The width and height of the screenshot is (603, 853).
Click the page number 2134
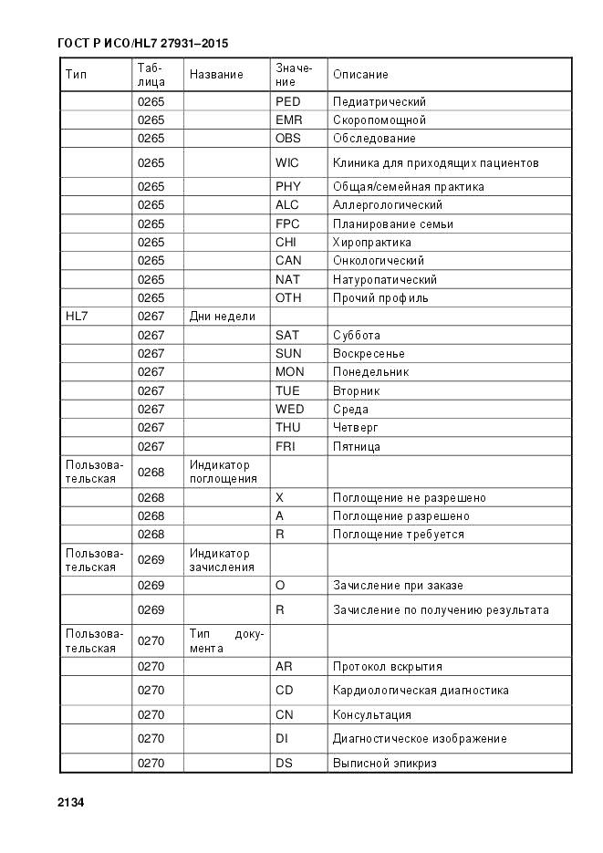pos(70,803)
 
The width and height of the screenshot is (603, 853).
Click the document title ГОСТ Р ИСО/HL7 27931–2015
pos(142,43)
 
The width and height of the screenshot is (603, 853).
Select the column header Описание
pos(360,74)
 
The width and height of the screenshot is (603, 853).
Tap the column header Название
pos(216,74)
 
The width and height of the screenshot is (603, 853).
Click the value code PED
pos(287,101)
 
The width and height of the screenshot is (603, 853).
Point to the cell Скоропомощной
pos(379,120)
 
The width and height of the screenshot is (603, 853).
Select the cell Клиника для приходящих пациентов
pos(435,162)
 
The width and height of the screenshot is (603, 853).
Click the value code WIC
pos(287,162)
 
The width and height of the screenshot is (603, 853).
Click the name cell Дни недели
pos(222,317)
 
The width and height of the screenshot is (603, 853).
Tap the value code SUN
pos(288,354)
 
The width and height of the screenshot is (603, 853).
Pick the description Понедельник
pos(370,372)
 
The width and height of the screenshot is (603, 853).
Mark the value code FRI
pos(286,447)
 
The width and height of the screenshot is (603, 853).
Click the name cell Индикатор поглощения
pos(224,472)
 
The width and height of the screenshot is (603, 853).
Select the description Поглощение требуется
pos(398,535)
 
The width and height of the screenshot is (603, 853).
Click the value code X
pos(279,498)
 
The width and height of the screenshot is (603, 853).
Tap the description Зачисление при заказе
pos(398,586)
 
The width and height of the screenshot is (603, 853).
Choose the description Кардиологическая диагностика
pos(421,691)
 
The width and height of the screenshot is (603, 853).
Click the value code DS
pos(284,763)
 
